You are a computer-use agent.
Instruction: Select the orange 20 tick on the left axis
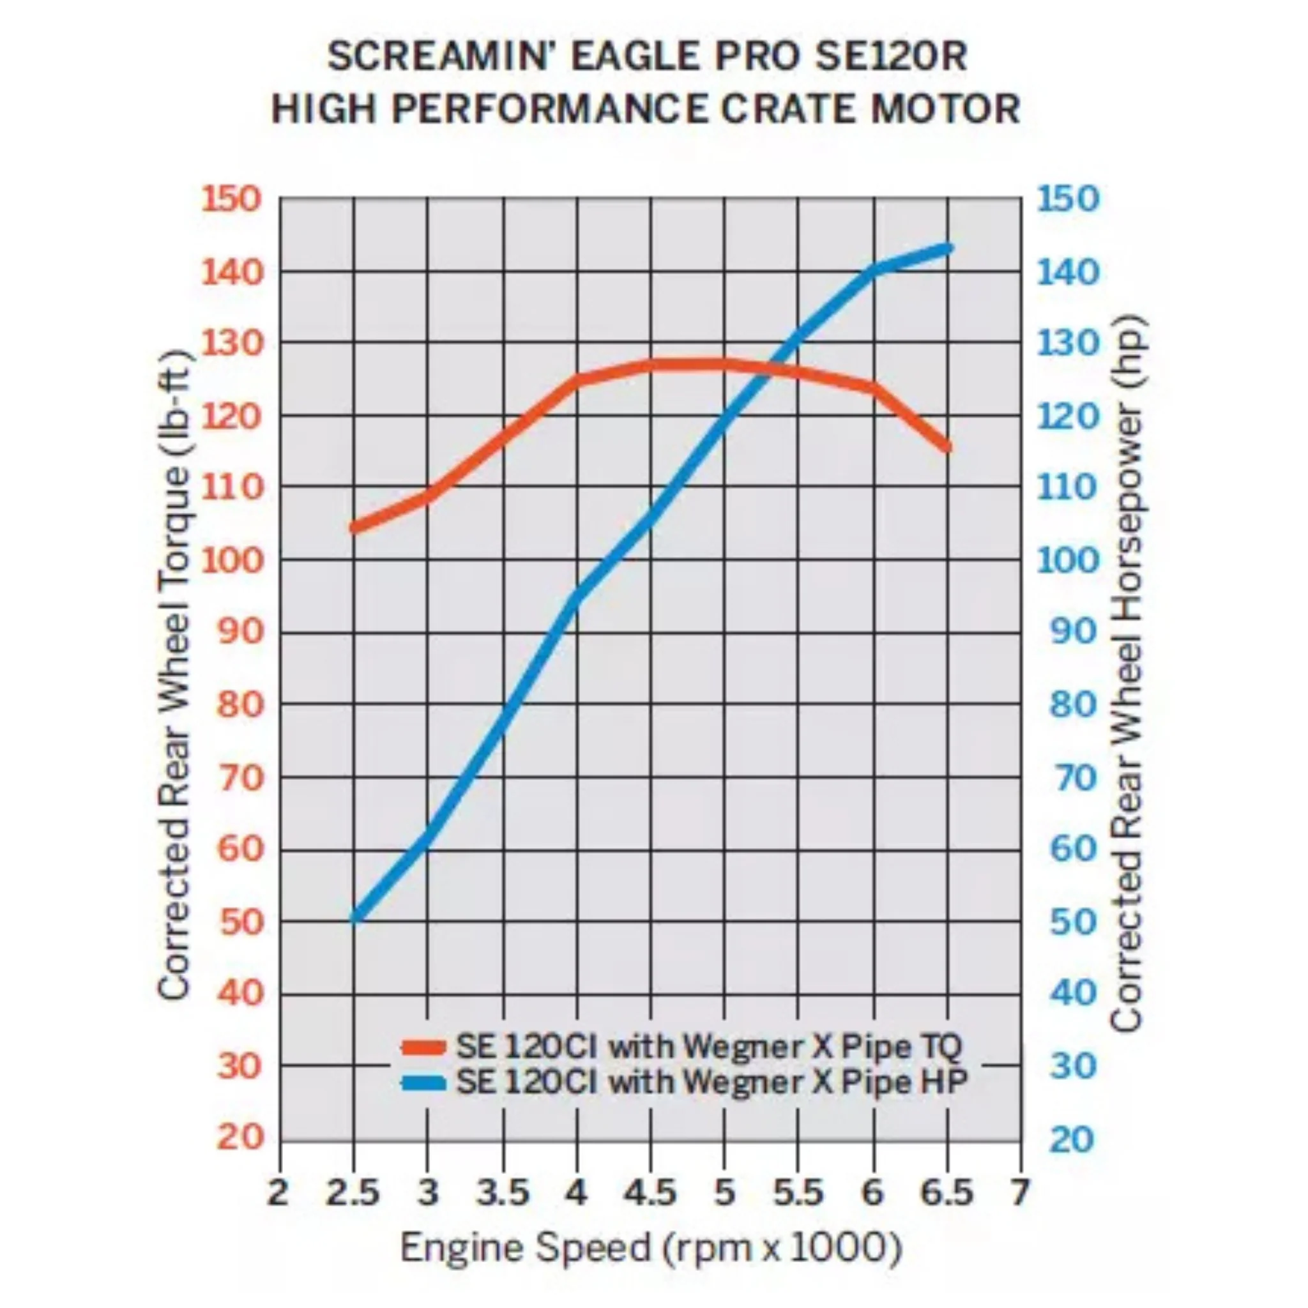(x=240, y=1137)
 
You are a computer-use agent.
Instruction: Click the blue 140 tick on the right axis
(x=1068, y=272)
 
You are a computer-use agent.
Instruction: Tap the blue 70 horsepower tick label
(x=1073, y=778)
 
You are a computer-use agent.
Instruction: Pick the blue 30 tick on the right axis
(x=1073, y=1067)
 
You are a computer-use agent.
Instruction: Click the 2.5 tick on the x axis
(x=352, y=1193)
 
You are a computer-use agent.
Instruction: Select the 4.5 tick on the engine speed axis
(x=650, y=1193)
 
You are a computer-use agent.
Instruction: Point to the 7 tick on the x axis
(x=1019, y=1193)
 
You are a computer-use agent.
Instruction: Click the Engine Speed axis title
(x=651, y=1248)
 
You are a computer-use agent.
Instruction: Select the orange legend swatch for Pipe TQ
(x=424, y=1047)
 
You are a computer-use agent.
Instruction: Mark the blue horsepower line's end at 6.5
(x=948, y=248)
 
